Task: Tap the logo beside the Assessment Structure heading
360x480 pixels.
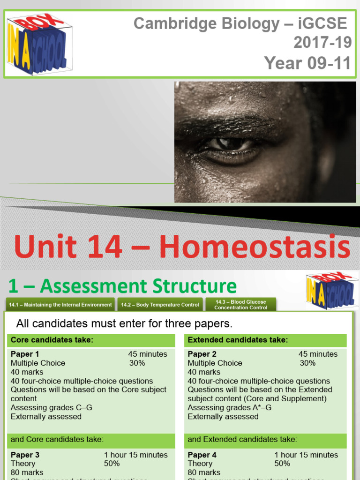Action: click(x=330, y=291)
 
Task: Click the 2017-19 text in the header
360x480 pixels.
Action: click(x=322, y=43)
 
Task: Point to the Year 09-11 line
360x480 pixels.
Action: click(x=307, y=63)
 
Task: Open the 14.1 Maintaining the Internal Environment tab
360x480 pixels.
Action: click(x=60, y=305)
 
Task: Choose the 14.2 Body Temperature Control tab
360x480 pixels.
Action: click(x=160, y=305)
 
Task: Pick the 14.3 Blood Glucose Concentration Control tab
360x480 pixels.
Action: click(x=240, y=305)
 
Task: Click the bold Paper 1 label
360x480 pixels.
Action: click(x=25, y=354)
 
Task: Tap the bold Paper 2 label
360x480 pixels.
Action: click(x=202, y=354)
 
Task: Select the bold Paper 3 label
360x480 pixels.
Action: click(x=25, y=455)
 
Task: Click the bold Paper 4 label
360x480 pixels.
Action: click(x=202, y=455)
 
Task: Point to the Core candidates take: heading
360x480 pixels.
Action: click(x=52, y=340)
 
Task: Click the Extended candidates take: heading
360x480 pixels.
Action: click(x=238, y=340)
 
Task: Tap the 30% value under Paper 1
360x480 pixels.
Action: click(x=137, y=363)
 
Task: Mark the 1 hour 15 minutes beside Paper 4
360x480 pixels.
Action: click(x=306, y=455)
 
